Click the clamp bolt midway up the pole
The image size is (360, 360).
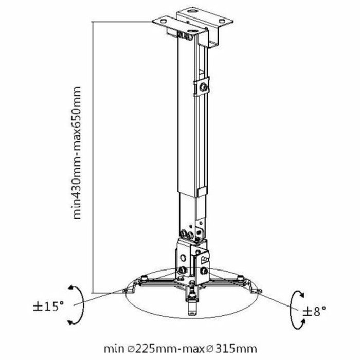[x=204, y=88]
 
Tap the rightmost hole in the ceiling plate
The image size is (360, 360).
[x=224, y=21]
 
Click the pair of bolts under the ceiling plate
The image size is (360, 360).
[x=183, y=35]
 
